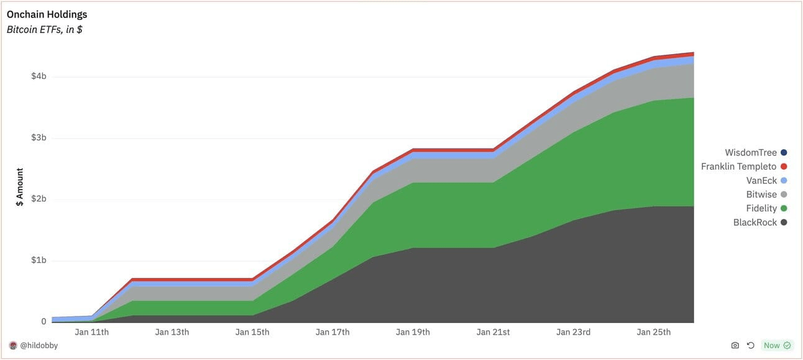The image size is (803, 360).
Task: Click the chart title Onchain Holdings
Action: point(47,14)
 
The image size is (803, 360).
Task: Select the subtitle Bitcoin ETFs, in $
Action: point(44,29)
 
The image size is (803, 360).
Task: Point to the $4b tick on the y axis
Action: point(39,76)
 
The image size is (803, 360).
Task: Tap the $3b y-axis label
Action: point(39,137)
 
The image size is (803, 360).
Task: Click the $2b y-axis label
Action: point(39,199)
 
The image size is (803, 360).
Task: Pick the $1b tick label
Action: point(39,260)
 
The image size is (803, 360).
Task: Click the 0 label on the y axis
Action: point(44,321)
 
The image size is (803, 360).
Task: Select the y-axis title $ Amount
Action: point(19,187)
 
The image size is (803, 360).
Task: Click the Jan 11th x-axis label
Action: point(91,332)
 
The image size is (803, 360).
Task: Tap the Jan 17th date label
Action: point(332,332)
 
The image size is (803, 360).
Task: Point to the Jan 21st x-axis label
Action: point(493,332)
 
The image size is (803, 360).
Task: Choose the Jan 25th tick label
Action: point(653,332)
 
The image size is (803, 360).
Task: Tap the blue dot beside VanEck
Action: point(784,180)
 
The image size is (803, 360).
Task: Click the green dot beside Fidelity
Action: point(784,208)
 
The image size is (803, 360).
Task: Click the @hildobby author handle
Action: point(39,345)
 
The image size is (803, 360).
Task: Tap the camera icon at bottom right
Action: point(735,345)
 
